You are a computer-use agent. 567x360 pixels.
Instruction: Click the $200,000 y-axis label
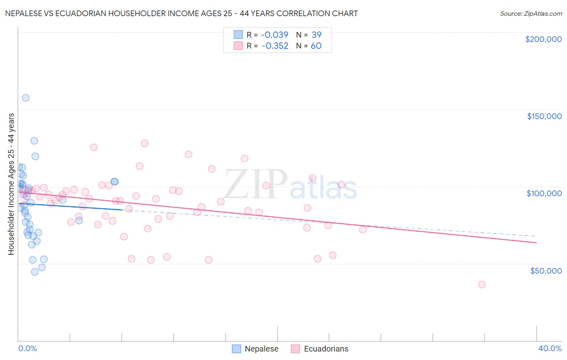coord(543,39)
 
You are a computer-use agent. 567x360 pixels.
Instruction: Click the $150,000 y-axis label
coord(544,116)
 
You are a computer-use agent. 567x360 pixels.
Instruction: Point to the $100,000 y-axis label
coord(544,193)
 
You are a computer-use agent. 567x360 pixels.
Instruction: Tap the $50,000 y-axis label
coord(546,270)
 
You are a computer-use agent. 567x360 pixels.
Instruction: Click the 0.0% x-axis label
coord(27,348)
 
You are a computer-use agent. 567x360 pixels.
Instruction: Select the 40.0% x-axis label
coord(550,348)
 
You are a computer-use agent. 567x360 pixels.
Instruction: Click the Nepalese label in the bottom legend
coord(261,349)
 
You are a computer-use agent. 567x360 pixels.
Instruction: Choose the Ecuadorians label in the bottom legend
coord(326,349)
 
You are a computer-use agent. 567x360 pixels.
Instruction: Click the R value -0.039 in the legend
coord(275,35)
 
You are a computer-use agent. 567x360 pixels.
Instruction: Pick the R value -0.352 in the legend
coord(275,46)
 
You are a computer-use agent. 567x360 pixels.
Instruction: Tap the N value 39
coord(316,35)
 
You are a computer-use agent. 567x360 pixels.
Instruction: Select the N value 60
coord(316,46)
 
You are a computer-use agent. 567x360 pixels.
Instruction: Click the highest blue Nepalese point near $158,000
coord(25,98)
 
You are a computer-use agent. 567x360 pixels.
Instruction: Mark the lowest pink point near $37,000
coord(482,285)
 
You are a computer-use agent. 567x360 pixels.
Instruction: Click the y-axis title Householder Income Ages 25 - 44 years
coord(11,184)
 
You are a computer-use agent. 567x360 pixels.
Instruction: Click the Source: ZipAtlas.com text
coord(531,14)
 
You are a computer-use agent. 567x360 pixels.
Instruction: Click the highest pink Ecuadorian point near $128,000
coord(144,143)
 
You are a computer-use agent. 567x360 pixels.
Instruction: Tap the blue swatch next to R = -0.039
coord(238,35)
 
